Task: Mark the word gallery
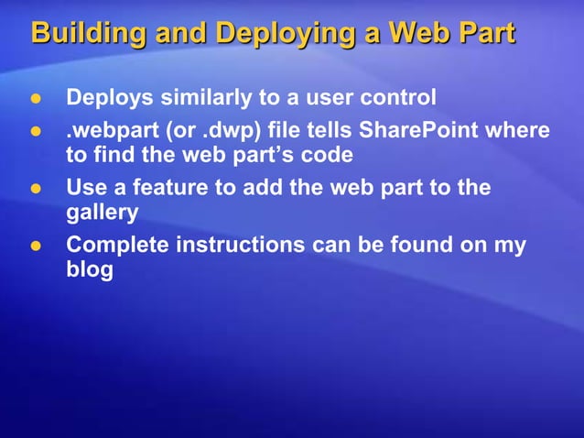(103, 213)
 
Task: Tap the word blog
(90, 270)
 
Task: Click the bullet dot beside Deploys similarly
(38, 98)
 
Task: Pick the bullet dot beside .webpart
(38, 132)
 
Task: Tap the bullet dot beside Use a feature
(38, 190)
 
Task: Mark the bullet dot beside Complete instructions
(38, 247)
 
